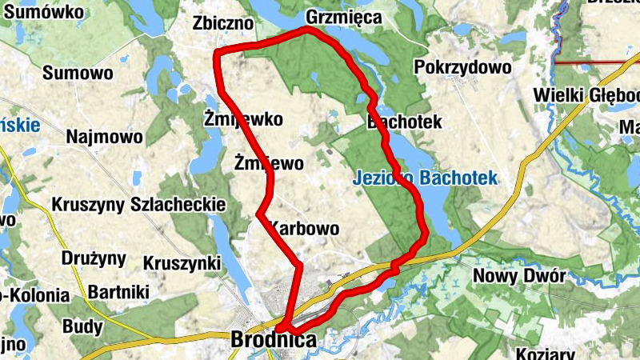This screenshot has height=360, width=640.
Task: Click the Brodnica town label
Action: pyautogui.click(x=273, y=340)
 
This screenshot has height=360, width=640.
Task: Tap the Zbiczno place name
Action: pyautogui.click(x=224, y=24)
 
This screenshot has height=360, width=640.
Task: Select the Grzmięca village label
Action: pyautogui.click(x=344, y=18)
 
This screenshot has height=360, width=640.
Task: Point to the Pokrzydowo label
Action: pyautogui.click(x=462, y=67)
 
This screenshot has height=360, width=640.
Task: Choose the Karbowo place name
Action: pyautogui.click(x=305, y=229)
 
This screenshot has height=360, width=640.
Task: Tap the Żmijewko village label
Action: pyautogui.click(x=244, y=120)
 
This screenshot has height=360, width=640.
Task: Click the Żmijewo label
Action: pyautogui.click(x=269, y=164)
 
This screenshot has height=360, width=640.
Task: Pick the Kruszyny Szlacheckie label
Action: pyautogui.click(x=138, y=205)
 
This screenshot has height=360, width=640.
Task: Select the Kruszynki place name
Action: pyautogui.click(x=182, y=262)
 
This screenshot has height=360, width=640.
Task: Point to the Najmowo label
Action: pyautogui.click(x=105, y=135)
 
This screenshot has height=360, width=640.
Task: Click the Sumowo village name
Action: pyautogui.click(x=78, y=73)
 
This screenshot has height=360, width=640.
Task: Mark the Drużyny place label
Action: pyautogui.click(x=94, y=258)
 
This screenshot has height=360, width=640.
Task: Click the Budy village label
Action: pyautogui.click(x=82, y=326)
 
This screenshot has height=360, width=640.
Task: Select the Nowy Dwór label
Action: pyautogui.click(x=519, y=276)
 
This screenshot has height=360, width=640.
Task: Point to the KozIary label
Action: pyautogui.click(x=546, y=353)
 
